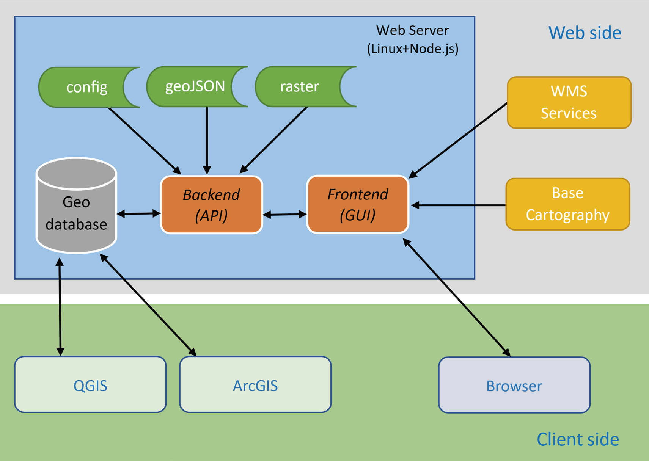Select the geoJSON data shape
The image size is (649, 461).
pyautogui.click(x=194, y=86)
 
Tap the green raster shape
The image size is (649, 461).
pyautogui.click(x=299, y=86)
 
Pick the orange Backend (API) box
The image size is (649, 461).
pyautogui.click(x=211, y=205)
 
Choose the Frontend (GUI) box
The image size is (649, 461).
pyautogui.click(x=358, y=204)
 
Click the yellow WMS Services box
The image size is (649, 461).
pyautogui.click(x=569, y=102)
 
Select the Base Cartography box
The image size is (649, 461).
pyautogui.click(x=567, y=204)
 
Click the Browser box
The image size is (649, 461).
pyautogui.click(x=514, y=385)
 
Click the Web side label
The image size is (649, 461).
pyautogui.click(x=585, y=33)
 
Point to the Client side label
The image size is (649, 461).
pyautogui.click(x=577, y=439)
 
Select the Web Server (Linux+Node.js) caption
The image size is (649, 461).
pyautogui.click(x=413, y=39)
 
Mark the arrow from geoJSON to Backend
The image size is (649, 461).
pyautogui.click(x=207, y=140)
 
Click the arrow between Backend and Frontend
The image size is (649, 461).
pyautogui.click(x=284, y=215)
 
